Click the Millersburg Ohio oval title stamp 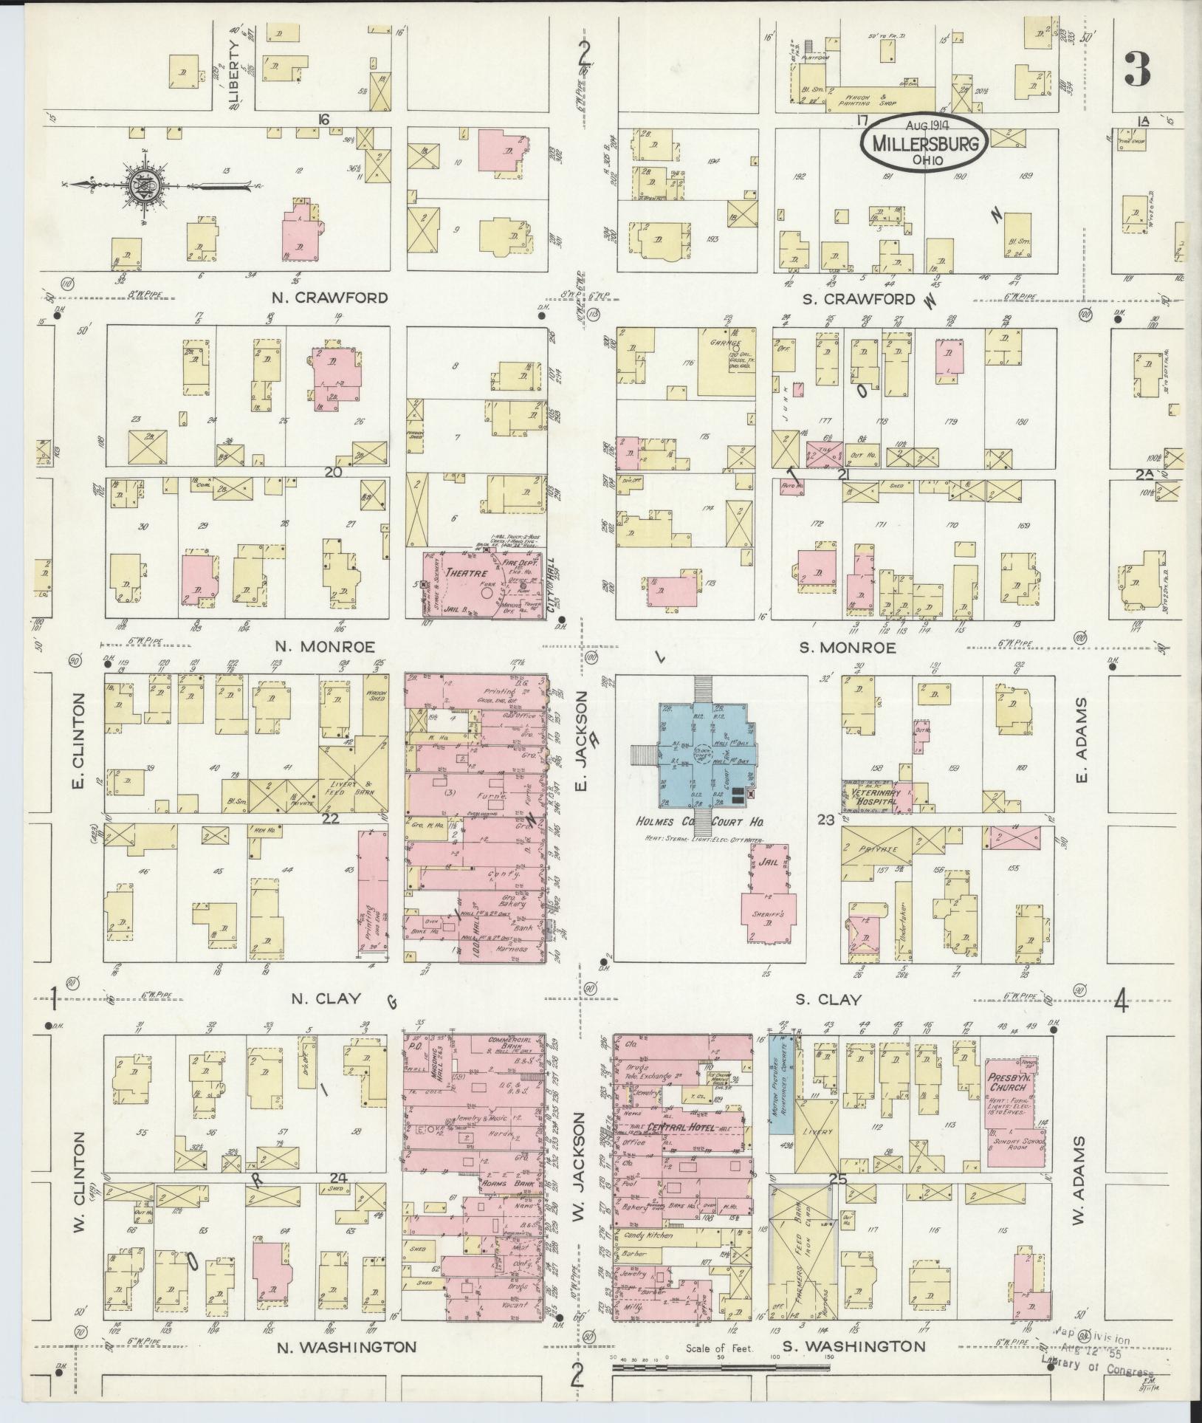pos(923,143)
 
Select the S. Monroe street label pos(848,648)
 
